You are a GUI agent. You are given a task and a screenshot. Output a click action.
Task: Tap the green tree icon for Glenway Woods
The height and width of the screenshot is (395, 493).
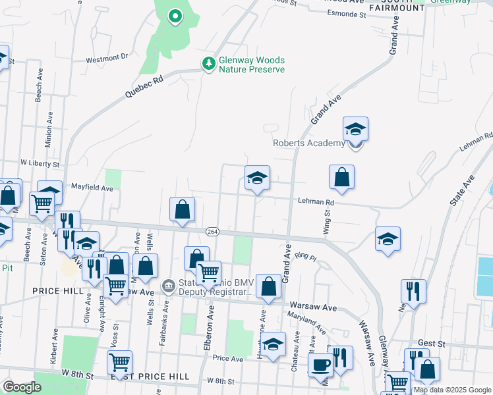tap(209, 63)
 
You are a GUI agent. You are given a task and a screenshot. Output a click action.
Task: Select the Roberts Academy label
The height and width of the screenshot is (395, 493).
tap(308, 144)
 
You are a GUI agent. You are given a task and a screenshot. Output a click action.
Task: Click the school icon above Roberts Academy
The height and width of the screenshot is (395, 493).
tap(355, 130)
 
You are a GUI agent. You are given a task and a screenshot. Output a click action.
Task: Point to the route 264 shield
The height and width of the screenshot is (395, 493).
tap(212, 232)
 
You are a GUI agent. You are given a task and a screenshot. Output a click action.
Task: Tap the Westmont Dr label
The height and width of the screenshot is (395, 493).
tap(107, 58)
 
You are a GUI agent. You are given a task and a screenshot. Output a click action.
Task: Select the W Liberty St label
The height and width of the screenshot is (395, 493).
tap(40, 163)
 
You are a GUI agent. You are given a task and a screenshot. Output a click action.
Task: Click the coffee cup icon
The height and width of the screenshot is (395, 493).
tap(321, 365)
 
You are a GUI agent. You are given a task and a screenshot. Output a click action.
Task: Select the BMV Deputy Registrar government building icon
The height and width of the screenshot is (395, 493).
tap(169, 286)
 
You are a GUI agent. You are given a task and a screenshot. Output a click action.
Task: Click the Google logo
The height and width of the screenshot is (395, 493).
tap(22, 387)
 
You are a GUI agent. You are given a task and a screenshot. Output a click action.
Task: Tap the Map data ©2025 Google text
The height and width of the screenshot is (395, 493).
tap(451, 390)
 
